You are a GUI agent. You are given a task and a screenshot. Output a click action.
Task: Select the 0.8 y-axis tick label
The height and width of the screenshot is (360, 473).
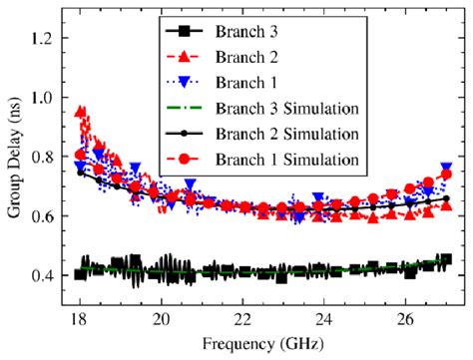pyautogui.click(x=50, y=157)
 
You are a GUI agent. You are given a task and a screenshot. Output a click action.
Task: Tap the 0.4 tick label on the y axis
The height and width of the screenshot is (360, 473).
pyautogui.click(x=50, y=275)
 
